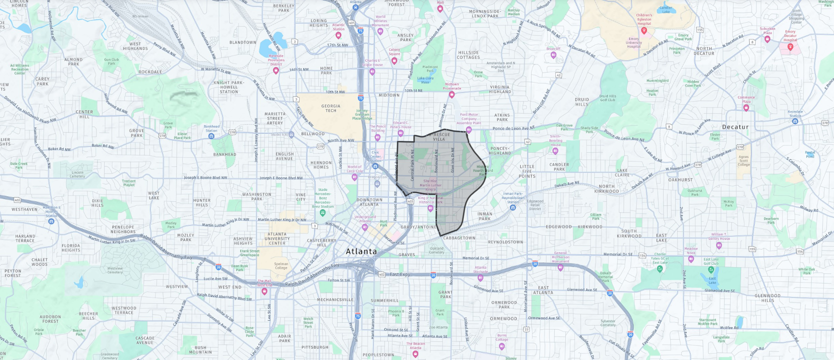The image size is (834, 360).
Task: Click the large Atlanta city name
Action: [361, 252]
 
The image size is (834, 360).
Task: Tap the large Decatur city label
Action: [735, 127]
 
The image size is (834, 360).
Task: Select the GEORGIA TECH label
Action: [331, 108]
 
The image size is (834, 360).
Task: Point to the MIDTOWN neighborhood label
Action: [389, 95]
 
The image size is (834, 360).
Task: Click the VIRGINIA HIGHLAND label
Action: [500, 89]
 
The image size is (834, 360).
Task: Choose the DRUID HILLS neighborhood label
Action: [582, 102]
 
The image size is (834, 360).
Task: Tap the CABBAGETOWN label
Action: [459, 238]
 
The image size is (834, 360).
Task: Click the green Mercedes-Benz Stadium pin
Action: [322, 212]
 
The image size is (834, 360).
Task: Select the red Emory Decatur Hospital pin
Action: [790, 47]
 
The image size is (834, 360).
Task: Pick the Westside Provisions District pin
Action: [276, 70]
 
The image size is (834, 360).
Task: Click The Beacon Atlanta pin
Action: [415, 354]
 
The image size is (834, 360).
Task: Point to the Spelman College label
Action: [281, 266]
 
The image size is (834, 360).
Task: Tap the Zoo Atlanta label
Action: [438, 327]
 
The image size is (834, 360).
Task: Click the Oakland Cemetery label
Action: [436, 250]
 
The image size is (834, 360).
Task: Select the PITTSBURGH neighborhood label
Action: [315, 347]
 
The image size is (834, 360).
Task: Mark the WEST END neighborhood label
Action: [230, 287]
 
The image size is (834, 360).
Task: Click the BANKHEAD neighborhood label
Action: [225, 155]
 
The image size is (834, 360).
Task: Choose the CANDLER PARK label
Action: [559, 167]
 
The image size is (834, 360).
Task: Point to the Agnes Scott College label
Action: [743, 161]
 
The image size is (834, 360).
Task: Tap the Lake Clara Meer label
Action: [425, 80]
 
